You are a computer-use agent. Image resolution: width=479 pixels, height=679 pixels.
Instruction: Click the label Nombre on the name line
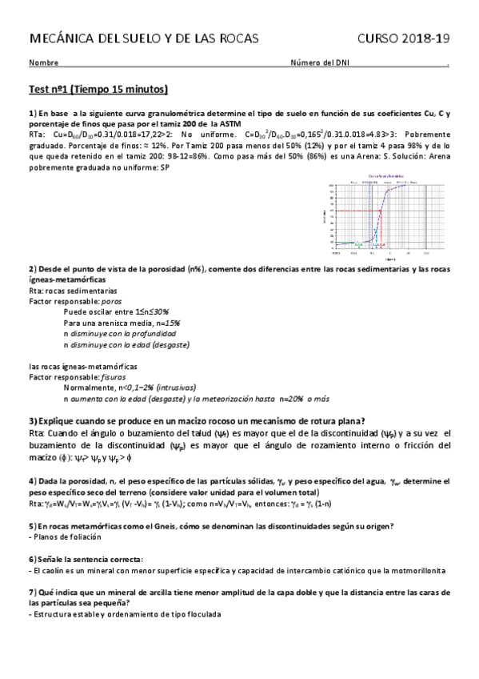click(43, 63)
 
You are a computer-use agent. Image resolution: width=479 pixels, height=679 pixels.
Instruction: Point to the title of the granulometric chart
click(384, 176)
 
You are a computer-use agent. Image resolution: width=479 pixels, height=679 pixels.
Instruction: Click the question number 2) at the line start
click(32, 268)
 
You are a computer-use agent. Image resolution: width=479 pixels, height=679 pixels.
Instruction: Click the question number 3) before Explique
click(33, 421)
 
